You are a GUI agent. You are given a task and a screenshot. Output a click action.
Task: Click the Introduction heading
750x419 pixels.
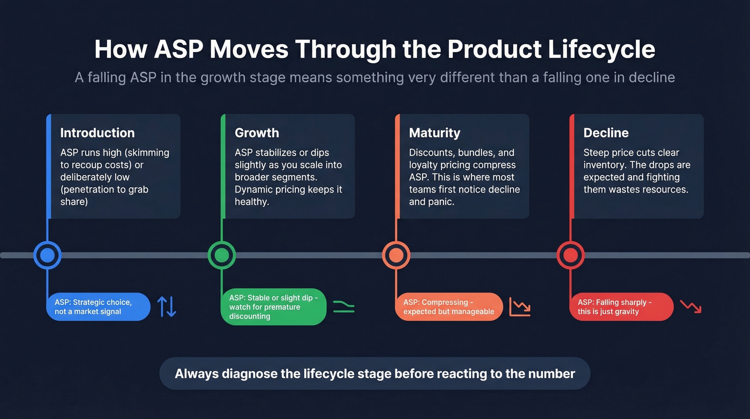(x=97, y=133)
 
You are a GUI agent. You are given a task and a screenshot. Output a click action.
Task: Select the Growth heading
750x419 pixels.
(x=257, y=133)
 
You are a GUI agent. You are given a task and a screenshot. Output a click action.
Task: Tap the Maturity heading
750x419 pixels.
(x=434, y=133)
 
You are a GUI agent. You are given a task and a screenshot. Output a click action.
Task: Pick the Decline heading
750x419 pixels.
(x=606, y=133)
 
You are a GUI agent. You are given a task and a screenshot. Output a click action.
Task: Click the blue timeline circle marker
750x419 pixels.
(x=47, y=255)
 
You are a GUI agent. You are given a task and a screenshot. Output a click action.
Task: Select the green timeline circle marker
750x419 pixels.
(x=222, y=255)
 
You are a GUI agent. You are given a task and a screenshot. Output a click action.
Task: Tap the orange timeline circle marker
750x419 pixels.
(x=396, y=255)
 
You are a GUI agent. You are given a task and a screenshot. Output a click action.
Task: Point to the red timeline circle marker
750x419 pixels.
(x=571, y=255)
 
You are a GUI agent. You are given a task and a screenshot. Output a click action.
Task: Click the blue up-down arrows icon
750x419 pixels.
(x=167, y=306)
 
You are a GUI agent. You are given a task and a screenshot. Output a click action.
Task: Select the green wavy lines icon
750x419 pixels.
(x=343, y=307)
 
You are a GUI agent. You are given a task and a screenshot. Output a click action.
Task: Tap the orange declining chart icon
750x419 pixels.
(x=520, y=307)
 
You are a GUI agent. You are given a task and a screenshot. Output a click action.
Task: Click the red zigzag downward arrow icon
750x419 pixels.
(x=691, y=306)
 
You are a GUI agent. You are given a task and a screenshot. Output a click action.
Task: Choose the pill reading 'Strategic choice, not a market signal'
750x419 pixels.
(x=98, y=307)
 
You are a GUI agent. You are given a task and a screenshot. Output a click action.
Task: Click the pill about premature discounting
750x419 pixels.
(x=273, y=307)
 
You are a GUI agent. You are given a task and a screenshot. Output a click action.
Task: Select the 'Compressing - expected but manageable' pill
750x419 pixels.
(x=449, y=307)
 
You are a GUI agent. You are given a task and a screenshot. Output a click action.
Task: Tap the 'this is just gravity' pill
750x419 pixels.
(x=621, y=307)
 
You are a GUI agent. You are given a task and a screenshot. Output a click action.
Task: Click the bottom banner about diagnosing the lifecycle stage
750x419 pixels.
(x=374, y=373)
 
